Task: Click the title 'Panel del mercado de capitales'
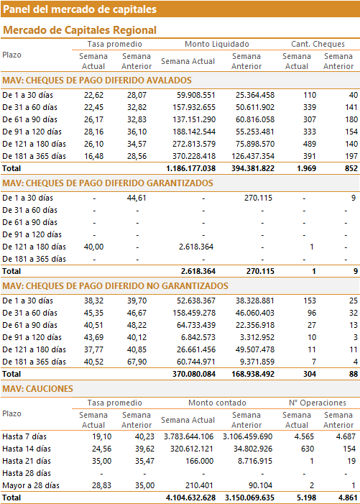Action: tap(80, 9)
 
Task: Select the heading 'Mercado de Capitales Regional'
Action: tap(80, 30)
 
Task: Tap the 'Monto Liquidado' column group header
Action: tap(217, 44)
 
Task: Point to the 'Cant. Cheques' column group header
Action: tap(318, 44)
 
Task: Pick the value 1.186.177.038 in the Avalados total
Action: tap(190, 168)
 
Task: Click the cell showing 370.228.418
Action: tap(194, 156)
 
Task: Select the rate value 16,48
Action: tap(94, 156)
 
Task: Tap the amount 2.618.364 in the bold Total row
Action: tap(198, 271)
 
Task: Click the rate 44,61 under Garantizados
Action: tap(137, 198)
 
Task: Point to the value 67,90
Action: tap(137, 362)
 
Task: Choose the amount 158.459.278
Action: tap(194, 313)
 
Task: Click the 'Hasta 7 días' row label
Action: tap(24, 436)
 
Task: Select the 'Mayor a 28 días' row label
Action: tap(31, 485)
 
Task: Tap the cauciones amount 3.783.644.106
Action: tap(188, 436)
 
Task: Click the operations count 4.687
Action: tap(345, 436)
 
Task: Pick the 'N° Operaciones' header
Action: tap(318, 403)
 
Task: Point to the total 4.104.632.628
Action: tap(190, 498)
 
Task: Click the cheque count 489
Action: tap(310, 144)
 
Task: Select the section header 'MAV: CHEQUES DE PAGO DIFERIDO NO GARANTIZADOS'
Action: tap(115, 285)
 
